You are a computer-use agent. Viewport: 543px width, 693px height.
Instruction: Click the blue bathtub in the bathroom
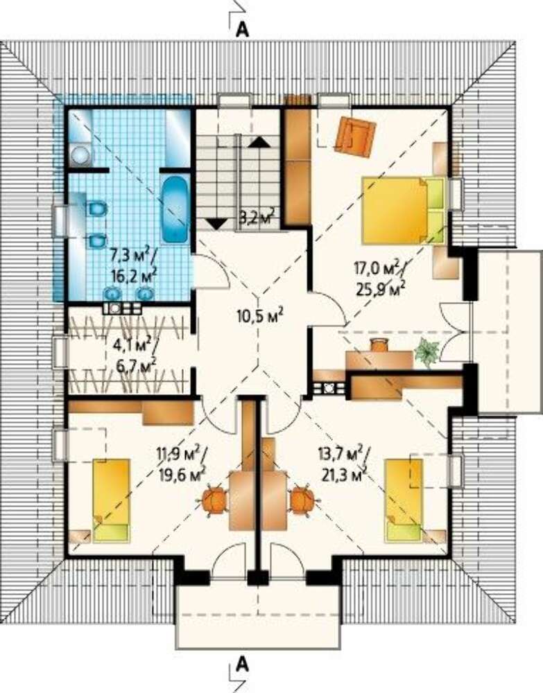pyautogui.click(x=174, y=209)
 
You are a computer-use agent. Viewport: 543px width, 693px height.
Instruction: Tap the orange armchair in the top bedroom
pyautogui.click(x=354, y=136)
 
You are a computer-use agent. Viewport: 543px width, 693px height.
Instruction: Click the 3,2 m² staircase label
pyautogui.click(x=257, y=218)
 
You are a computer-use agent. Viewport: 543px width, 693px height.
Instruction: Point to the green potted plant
pyautogui.click(x=427, y=352)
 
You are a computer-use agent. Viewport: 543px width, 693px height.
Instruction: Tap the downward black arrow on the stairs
pyautogui.click(x=216, y=224)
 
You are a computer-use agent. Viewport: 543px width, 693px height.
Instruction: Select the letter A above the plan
pyautogui.click(x=242, y=29)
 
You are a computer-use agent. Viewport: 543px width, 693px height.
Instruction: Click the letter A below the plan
pyautogui.click(x=242, y=664)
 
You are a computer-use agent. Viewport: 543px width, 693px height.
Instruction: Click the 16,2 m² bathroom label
pyautogui.click(x=135, y=277)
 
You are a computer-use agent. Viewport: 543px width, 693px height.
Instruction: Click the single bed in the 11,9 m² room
pyautogui.click(x=112, y=500)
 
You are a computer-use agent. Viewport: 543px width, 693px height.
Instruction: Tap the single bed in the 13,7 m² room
pyautogui.click(x=403, y=500)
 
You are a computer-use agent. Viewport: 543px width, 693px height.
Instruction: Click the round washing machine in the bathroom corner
pyautogui.click(x=81, y=155)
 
